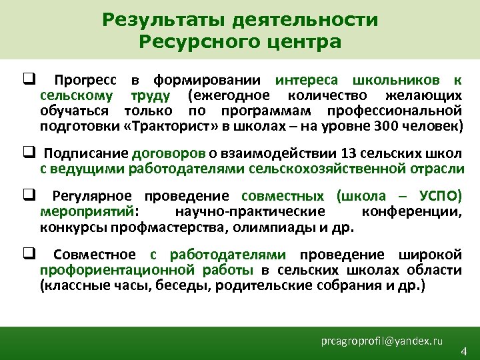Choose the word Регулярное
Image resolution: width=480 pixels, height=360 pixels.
coord(90,197)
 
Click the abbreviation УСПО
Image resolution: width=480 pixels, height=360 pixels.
coord(441,197)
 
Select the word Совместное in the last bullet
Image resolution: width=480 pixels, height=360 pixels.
coord(94,255)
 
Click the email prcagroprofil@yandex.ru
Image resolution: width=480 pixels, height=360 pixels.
coord(381,341)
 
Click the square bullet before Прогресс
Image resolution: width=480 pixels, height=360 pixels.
coord(27,81)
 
